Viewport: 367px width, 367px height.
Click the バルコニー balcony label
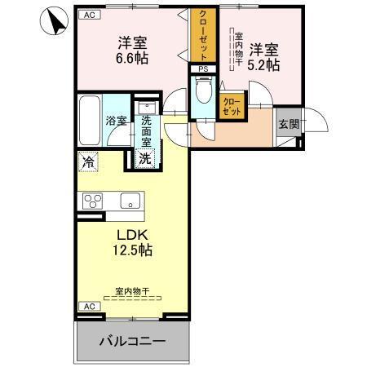[x=133, y=340]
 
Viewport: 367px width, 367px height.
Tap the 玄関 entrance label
[x=288, y=124]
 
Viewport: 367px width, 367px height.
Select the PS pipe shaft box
[x=203, y=69]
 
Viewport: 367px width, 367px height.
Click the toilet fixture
[x=204, y=92]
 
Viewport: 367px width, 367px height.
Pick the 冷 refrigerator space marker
[x=88, y=162]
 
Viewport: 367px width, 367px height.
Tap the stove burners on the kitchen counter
[x=91, y=200]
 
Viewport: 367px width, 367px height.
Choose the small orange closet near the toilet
[x=231, y=104]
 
